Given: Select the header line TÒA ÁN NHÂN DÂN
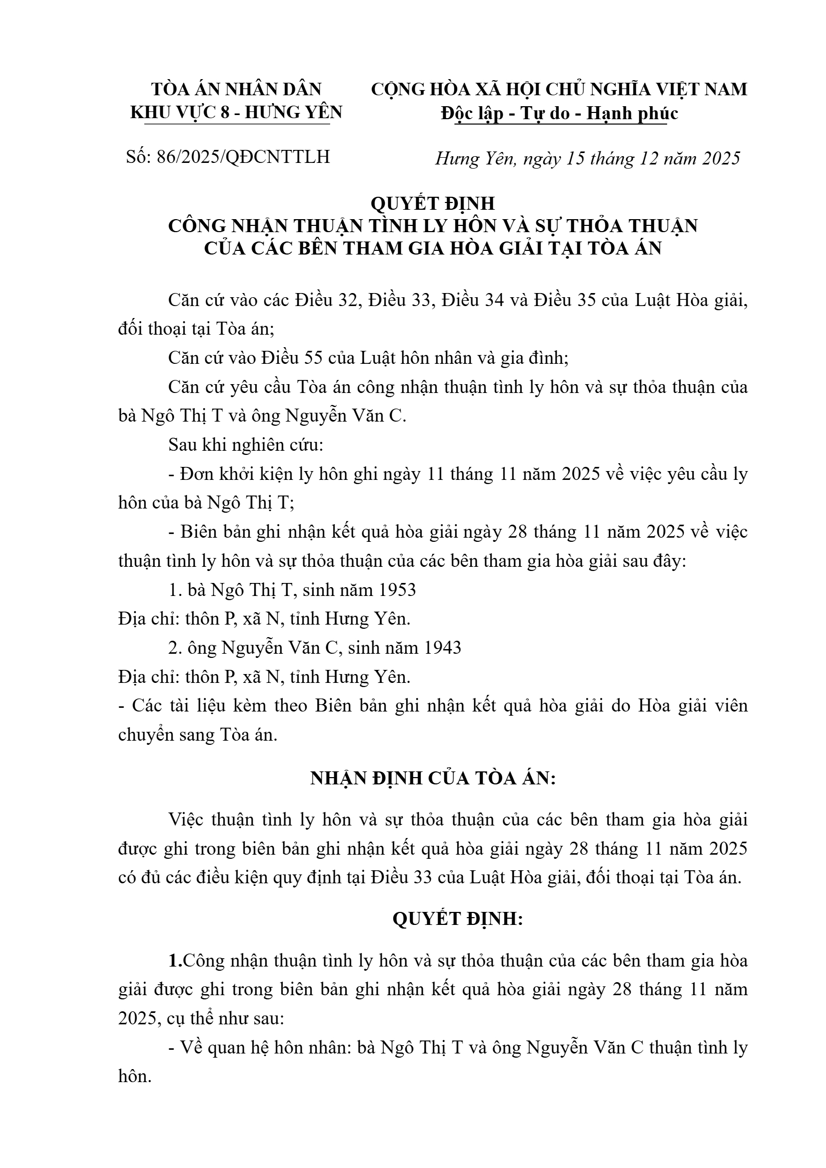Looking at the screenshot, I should [236, 89].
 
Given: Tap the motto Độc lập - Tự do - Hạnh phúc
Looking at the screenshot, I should [559, 113].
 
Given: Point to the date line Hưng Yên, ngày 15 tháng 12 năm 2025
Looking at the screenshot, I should [587, 158].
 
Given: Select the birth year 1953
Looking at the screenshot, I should [397, 590].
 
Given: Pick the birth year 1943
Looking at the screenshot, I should [442, 648].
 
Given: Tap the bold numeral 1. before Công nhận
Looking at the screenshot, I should [176, 960].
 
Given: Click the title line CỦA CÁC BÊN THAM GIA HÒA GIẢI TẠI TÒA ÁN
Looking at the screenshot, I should [432, 248].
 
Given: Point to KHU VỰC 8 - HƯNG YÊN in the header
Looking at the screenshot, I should [236, 112].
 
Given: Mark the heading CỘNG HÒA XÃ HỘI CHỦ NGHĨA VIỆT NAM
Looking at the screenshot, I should [559, 89].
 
